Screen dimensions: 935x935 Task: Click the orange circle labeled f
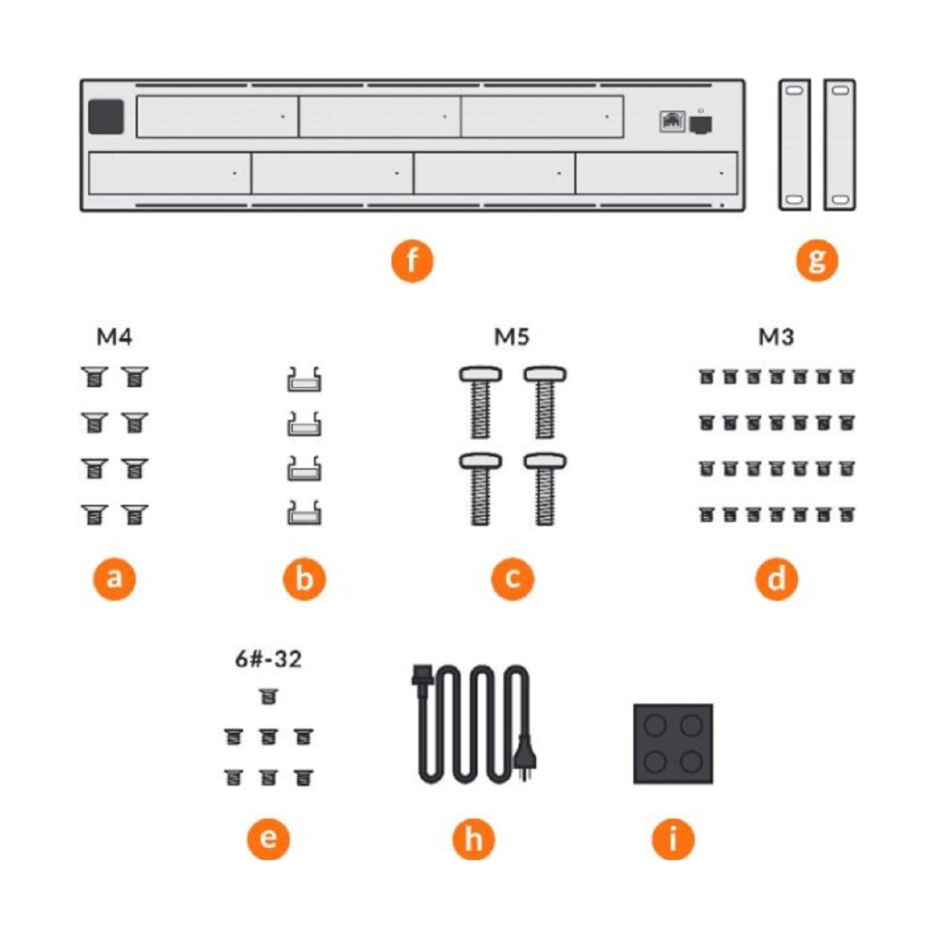point(411,260)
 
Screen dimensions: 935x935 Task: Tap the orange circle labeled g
point(817,260)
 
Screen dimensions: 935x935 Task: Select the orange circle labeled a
point(115,579)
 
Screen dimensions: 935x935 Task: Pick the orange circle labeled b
point(304,579)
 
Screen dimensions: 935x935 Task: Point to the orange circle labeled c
point(513,579)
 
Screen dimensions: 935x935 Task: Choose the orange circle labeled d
point(776,579)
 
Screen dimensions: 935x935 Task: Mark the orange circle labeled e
point(268,838)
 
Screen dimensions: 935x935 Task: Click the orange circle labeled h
point(473,838)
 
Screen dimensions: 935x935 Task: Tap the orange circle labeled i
point(672,838)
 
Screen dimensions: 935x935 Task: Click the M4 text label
point(115,337)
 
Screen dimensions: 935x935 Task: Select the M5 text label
point(512,337)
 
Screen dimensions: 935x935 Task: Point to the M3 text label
point(776,337)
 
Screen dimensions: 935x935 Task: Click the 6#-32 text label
point(268,659)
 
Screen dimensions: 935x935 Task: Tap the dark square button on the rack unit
point(106,117)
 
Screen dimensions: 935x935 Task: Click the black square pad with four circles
point(672,744)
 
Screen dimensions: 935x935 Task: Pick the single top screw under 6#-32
point(268,697)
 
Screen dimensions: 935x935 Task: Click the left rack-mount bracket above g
point(794,145)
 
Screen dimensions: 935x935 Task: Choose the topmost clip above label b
point(304,379)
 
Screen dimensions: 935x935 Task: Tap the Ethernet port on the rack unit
point(672,122)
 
